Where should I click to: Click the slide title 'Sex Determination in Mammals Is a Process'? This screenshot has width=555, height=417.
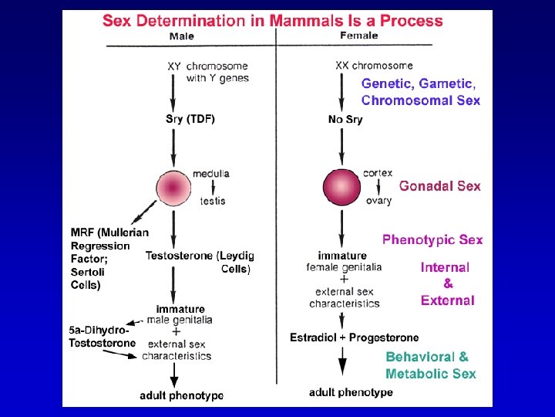click(x=273, y=20)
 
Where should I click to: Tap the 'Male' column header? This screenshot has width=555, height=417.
click(x=182, y=36)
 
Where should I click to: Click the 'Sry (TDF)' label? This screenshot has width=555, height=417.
click(x=190, y=119)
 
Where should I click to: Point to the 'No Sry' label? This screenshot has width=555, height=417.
click(x=345, y=120)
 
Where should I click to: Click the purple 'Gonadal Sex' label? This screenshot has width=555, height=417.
click(x=439, y=186)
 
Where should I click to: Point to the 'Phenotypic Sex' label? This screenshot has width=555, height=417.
click(x=432, y=239)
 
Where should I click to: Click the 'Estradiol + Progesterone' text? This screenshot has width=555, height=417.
click(x=355, y=337)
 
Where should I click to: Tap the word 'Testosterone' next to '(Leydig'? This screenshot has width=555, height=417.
click(x=180, y=256)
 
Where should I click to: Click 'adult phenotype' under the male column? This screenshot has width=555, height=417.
click(x=182, y=395)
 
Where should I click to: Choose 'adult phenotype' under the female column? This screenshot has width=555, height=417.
click(x=351, y=392)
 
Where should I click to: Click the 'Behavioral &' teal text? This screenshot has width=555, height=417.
click(x=426, y=358)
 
